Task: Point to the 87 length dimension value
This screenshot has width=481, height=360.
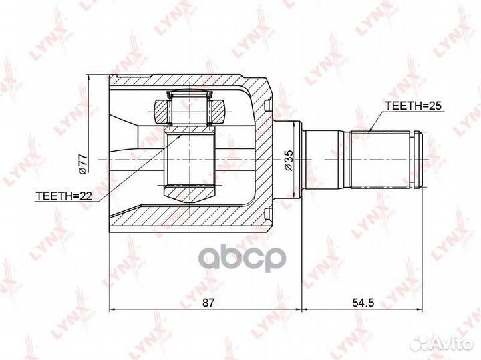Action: pos(208,302)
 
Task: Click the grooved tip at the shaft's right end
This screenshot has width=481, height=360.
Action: pos(418,160)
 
